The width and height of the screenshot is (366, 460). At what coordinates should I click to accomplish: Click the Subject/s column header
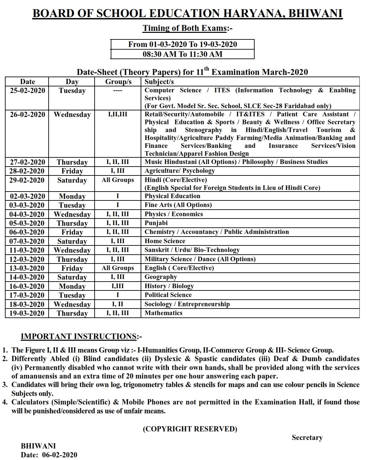coord(159,82)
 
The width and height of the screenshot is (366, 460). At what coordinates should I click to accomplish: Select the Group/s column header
coord(118,82)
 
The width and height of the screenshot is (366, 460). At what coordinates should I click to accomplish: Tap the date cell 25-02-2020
coord(27,91)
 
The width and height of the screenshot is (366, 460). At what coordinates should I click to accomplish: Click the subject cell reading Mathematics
coord(163,313)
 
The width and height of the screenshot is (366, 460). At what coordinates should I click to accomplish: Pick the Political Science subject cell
coord(168,295)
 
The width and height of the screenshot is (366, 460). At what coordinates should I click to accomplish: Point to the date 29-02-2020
coord(27,180)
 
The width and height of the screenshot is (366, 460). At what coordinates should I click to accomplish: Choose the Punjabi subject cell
coord(156,223)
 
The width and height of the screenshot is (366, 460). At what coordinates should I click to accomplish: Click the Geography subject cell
coord(161,277)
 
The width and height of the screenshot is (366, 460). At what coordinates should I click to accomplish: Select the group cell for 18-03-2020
coord(118,304)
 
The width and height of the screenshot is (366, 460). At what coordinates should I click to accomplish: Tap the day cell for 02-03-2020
coord(72,196)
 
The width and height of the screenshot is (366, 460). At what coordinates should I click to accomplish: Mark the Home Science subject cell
coord(165,241)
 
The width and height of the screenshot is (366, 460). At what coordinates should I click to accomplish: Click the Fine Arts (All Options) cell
coord(178,205)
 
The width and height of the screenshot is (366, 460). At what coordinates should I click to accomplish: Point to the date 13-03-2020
coord(27,268)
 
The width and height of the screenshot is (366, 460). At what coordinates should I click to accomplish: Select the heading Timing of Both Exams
coord(187,28)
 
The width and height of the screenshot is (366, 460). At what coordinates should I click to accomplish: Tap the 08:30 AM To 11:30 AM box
coord(182,54)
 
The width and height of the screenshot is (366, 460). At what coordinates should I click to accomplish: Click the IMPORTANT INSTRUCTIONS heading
coord(81,336)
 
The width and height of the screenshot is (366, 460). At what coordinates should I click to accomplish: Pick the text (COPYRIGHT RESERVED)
coord(190,429)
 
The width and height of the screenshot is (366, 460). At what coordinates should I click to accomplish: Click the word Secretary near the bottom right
coord(307,438)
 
